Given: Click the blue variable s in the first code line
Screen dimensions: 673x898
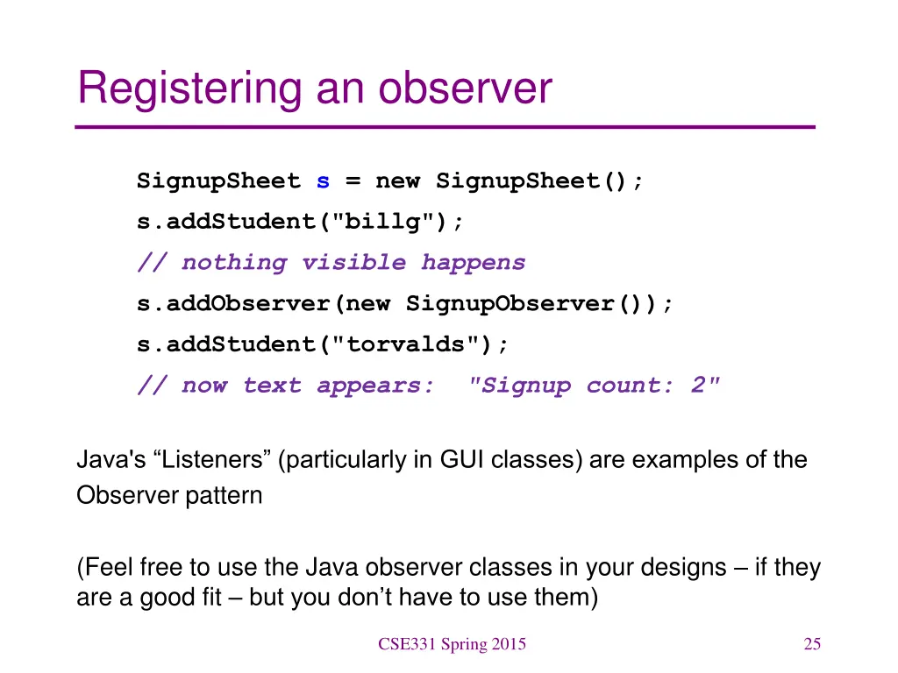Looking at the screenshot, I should [x=323, y=181].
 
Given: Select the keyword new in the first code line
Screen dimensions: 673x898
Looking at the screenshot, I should [x=397, y=181].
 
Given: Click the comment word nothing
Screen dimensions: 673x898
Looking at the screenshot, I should [x=233, y=263].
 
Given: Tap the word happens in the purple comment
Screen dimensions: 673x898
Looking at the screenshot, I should [x=473, y=263].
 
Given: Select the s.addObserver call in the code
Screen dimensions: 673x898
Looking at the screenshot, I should [x=232, y=304].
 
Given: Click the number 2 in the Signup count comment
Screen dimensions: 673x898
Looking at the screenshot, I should [x=698, y=386].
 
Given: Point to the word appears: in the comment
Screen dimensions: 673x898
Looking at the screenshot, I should [x=375, y=386].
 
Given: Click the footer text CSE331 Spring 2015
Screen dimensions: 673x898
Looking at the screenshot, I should [x=452, y=645].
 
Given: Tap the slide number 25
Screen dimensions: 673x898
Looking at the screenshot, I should [x=812, y=645].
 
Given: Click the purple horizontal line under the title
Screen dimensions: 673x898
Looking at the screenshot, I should [x=445, y=128].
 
